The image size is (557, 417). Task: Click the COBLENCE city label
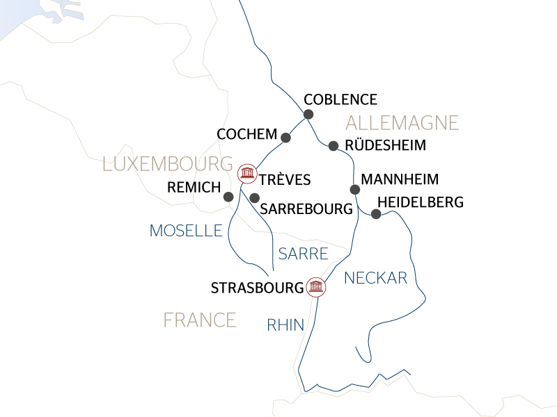click(x=340, y=99)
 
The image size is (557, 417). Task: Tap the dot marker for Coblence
click(x=308, y=114)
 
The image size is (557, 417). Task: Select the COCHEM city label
click(x=246, y=133)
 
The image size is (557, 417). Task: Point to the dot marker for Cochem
click(x=285, y=137)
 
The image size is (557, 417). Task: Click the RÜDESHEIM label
click(x=386, y=146)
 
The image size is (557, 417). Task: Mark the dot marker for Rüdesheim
click(x=334, y=146)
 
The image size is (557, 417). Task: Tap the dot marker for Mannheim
click(x=354, y=189)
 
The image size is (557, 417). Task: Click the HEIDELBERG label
click(x=419, y=202)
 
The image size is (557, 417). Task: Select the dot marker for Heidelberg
click(x=375, y=214)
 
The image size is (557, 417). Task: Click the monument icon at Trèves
click(x=246, y=172)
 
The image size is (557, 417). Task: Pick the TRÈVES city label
click(x=284, y=180)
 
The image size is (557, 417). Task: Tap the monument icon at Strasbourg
click(x=315, y=286)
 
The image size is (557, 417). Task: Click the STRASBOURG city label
click(x=257, y=286)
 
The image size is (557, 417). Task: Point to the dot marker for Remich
click(x=228, y=197)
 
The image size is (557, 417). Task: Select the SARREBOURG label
click(x=305, y=208)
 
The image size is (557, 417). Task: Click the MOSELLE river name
click(x=185, y=231)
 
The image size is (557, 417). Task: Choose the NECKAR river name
click(x=376, y=278)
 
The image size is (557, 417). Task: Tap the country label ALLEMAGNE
click(x=402, y=124)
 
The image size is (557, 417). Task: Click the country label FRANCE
click(x=200, y=320)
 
